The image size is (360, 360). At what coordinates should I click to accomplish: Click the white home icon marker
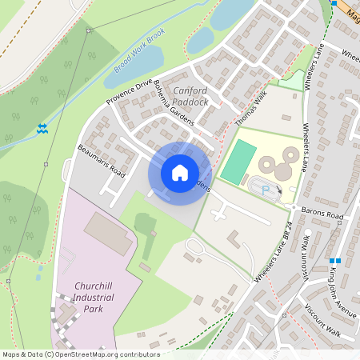180,173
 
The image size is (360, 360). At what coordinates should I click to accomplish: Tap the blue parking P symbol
266,190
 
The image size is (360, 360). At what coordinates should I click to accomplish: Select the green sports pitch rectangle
238,162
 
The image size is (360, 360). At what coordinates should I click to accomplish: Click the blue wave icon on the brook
41,128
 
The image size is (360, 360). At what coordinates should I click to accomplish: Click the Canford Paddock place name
190,97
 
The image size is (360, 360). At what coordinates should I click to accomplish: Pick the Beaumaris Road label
102,160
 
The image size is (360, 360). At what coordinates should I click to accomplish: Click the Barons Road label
323,216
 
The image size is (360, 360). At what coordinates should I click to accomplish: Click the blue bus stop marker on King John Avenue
339,261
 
